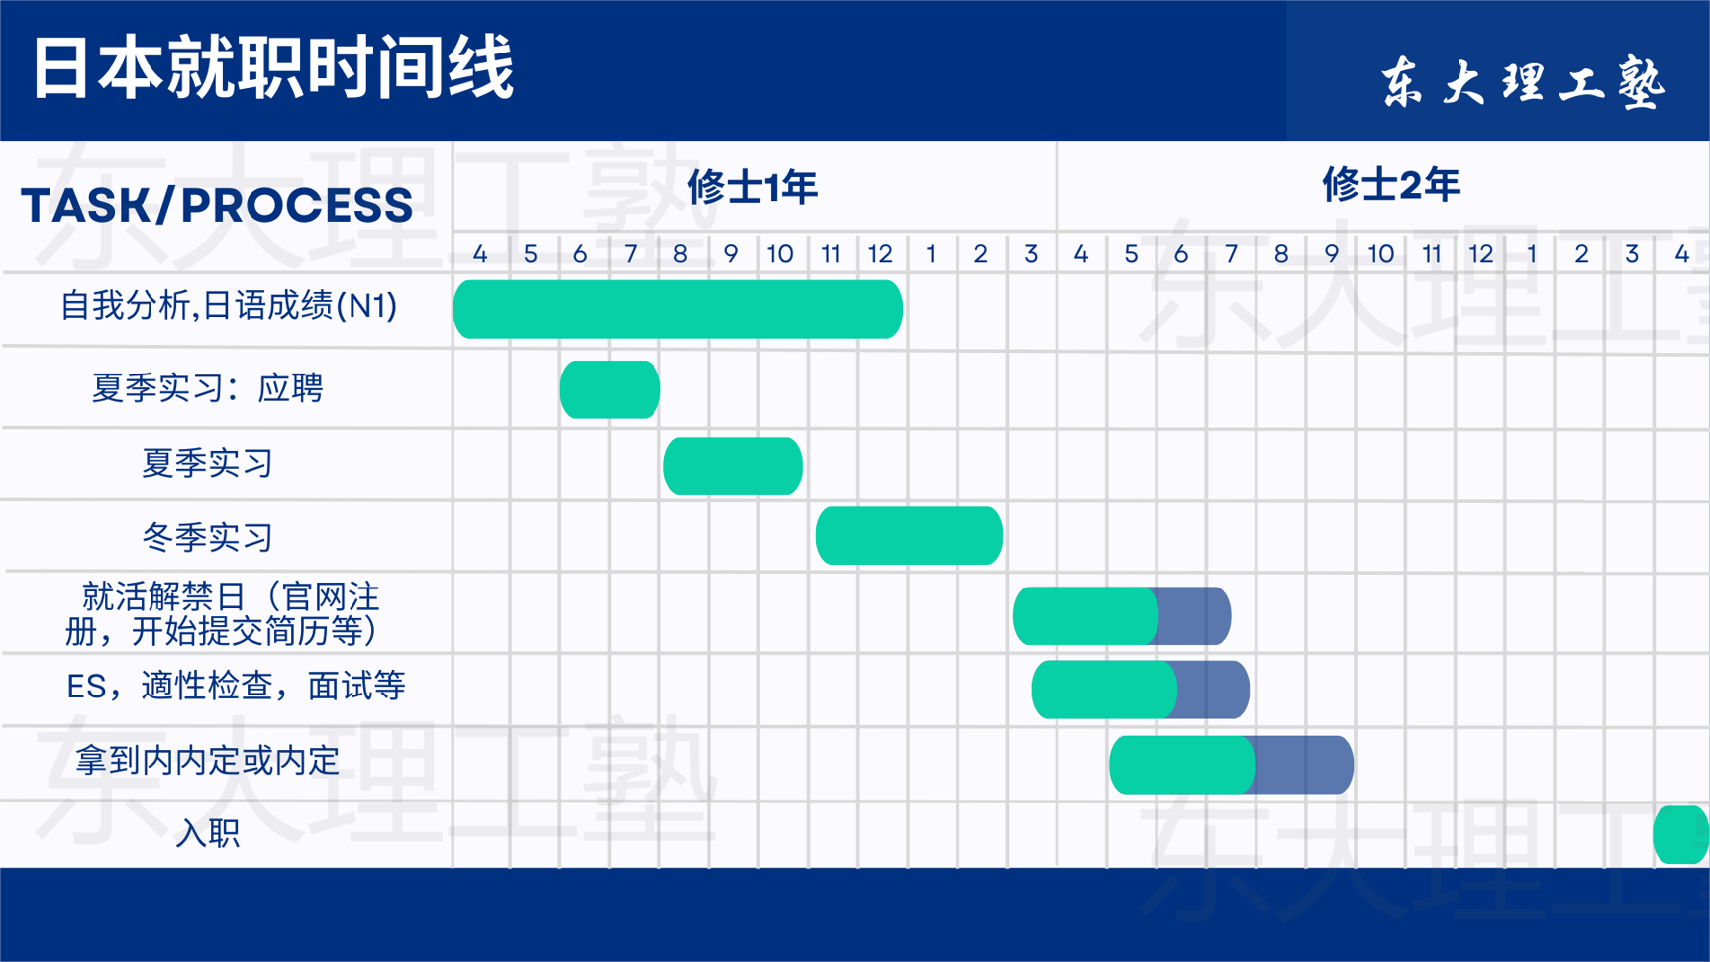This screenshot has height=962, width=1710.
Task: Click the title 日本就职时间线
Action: pyautogui.click(x=273, y=68)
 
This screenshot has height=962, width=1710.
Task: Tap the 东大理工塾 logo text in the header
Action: pyautogui.click(x=1524, y=80)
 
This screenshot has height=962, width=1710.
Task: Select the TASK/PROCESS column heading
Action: pyautogui.click(x=217, y=205)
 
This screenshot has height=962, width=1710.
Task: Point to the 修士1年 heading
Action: pyautogui.click(x=753, y=186)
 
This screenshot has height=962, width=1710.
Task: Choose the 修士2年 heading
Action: pyautogui.click(x=1391, y=185)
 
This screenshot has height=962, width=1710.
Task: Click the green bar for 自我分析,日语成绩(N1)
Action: pyautogui.click(x=678, y=309)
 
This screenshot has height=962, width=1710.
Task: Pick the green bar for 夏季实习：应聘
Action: pyautogui.click(x=610, y=389)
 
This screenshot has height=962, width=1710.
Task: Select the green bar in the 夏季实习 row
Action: pyautogui.click(x=733, y=466)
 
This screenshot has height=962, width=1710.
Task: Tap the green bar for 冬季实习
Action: pyautogui.click(x=909, y=535)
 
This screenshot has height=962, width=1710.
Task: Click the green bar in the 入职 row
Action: pyautogui.click(x=1681, y=834)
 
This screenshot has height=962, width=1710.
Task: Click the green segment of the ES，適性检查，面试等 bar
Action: pyautogui.click(x=1104, y=690)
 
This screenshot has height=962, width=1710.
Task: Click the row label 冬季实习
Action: pyautogui.click(x=207, y=537)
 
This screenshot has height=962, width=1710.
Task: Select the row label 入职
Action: pyautogui.click(x=207, y=833)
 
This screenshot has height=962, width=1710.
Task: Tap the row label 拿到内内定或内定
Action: pyautogui.click(x=207, y=760)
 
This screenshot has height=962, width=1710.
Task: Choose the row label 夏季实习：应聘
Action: pyautogui.click(x=207, y=387)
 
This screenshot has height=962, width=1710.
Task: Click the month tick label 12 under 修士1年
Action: pyautogui.click(x=880, y=254)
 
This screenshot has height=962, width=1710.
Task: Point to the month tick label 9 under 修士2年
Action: pyautogui.click(x=1331, y=254)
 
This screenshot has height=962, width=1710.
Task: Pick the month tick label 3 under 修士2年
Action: pyautogui.click(x=1631, y=254)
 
